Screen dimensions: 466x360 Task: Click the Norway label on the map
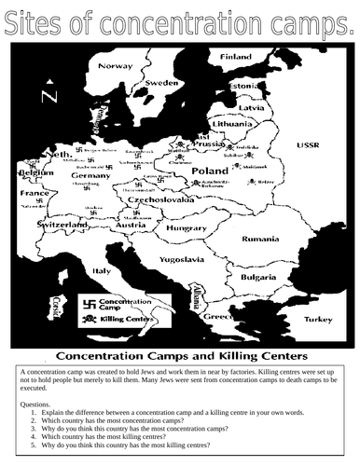click(x=118, y=66)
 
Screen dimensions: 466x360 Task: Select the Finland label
click(x=236, y=57)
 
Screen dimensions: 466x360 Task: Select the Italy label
click(x=116, y=270)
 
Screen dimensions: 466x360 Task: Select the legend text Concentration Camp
click(x=128, y=303)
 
